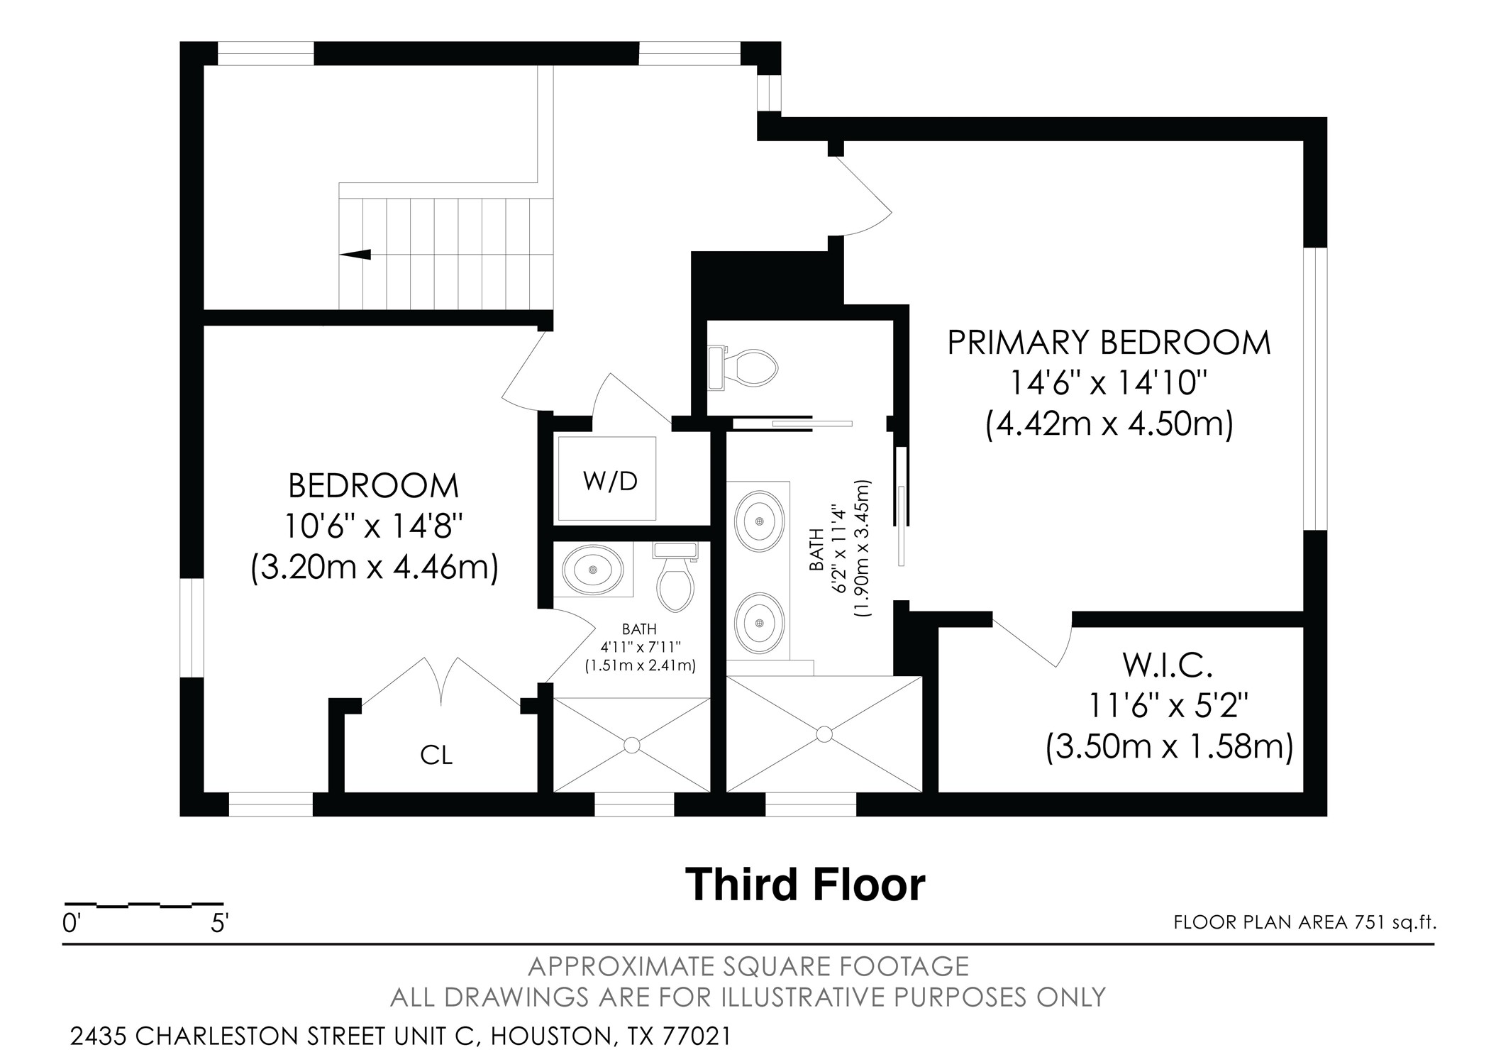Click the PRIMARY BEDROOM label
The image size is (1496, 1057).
pos(1109,343)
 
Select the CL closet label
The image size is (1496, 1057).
pos(436,756)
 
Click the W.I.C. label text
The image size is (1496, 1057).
pos(1167,665)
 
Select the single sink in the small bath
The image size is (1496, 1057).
pos(592,570)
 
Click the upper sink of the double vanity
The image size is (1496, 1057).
pos(759,521)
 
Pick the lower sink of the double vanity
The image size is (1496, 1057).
pos(759,623)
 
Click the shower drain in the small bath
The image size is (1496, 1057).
pos(631,745)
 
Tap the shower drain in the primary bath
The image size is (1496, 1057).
pos(824,734)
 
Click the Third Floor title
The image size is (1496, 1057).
pos(805,885)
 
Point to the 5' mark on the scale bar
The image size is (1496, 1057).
pos(219,924)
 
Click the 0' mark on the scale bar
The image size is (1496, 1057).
pos(72,924)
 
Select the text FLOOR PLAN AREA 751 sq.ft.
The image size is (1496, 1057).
pos(1304,922)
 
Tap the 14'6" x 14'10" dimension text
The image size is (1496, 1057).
pos(1109,384)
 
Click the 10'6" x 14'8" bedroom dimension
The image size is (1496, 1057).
pos(374,526)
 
